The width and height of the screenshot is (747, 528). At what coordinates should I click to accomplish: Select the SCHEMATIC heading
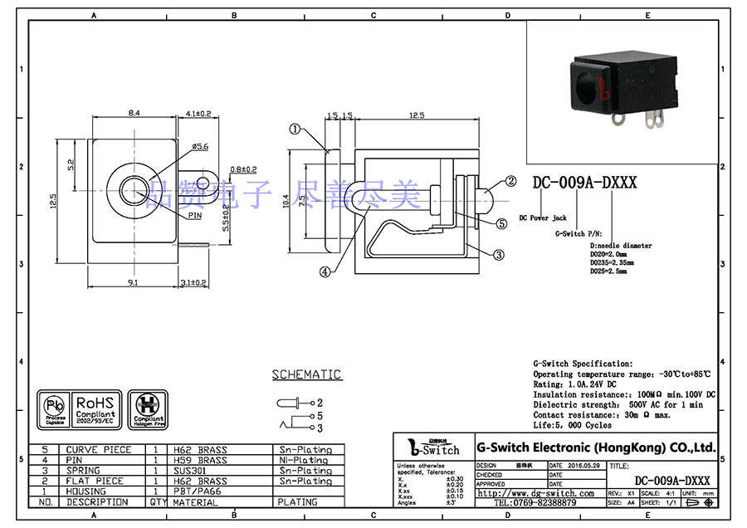(x=306, y=374)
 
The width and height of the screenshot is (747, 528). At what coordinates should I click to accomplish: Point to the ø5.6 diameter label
(x=200, y=147)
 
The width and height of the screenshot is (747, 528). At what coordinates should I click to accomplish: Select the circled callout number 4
(x=325, y=271)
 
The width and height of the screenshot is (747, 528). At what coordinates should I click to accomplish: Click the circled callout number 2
(x=512, y=181)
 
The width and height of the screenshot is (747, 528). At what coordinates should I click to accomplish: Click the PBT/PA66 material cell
(x=194, y=491)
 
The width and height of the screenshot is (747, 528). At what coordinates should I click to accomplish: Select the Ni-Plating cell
(x=302, y=460)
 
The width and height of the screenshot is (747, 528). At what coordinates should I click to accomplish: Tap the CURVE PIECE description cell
(x=99, y=450)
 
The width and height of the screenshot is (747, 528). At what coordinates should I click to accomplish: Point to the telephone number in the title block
(x=535, y=503)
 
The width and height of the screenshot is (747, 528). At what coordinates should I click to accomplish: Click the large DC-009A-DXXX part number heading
(x=584, y=183)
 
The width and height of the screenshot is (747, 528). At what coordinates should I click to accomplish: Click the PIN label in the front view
(x=195, y=215)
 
